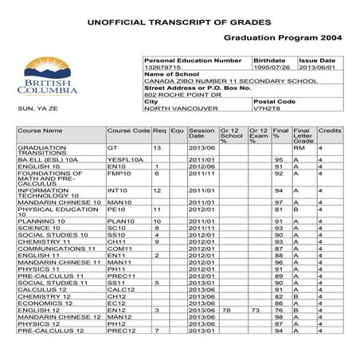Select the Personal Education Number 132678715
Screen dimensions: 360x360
tap(164, 68)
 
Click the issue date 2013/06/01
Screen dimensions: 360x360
tap(316, 68)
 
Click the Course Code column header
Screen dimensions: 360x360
tap(128, 130)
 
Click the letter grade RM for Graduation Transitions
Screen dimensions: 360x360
tap(299, 148)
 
